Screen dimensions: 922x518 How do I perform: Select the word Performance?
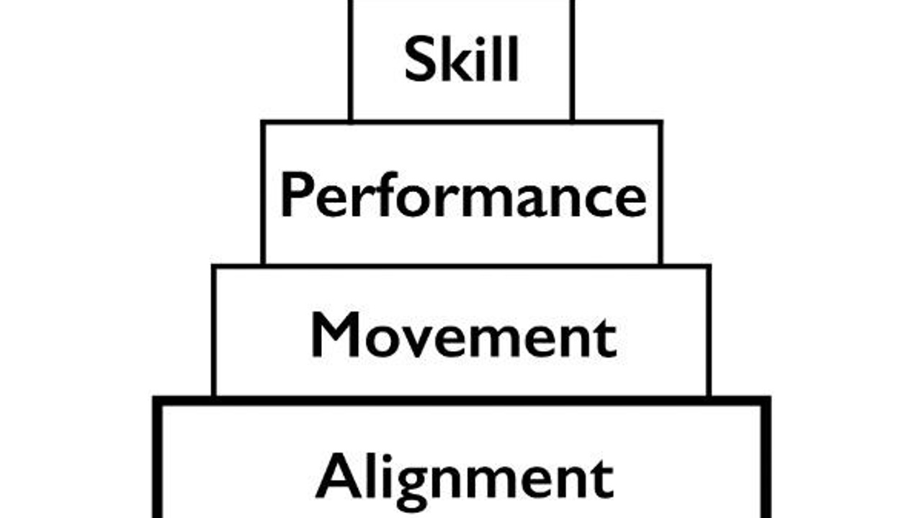point(462,196)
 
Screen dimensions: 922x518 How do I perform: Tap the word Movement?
point(463,335)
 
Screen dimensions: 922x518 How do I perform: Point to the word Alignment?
point(465,476)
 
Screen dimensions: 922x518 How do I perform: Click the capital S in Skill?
point(419,60)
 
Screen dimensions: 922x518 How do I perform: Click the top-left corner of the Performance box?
point(264,123)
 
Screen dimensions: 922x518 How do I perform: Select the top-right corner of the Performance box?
point(660,123)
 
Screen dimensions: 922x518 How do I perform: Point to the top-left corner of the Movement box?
point(214,267)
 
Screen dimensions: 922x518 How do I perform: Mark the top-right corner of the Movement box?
point(709,267)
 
